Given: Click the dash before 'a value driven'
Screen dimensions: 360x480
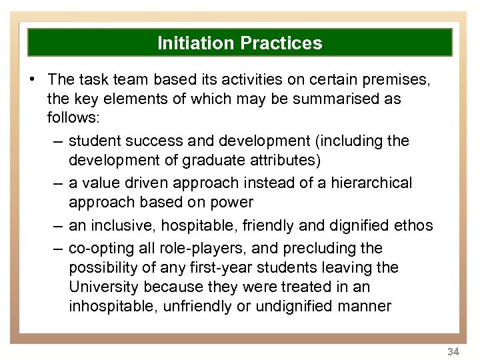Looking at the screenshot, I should pyautogui.click(x=57, y=183).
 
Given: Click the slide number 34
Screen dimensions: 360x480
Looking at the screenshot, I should pyautogui.click(x=453, y=351).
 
